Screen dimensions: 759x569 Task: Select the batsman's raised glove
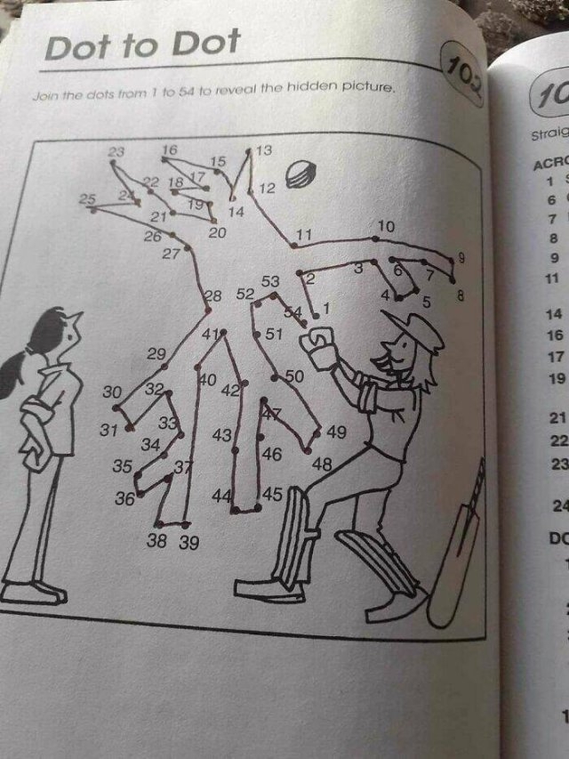click(x=318, y=346)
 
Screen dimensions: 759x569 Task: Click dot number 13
click(x=249, y=153)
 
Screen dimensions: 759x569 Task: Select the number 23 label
click(x=116, y=152)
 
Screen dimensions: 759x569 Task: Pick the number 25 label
click(x=87, y=199)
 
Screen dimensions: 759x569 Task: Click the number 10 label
click(x=385, y=226)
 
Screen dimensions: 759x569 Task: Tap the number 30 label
click(x=111, y=392)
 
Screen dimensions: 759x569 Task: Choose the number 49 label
click(x=336, y=432)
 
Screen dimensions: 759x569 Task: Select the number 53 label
click(x=271, y=282)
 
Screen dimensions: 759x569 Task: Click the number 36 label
click(x=124, y=499)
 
